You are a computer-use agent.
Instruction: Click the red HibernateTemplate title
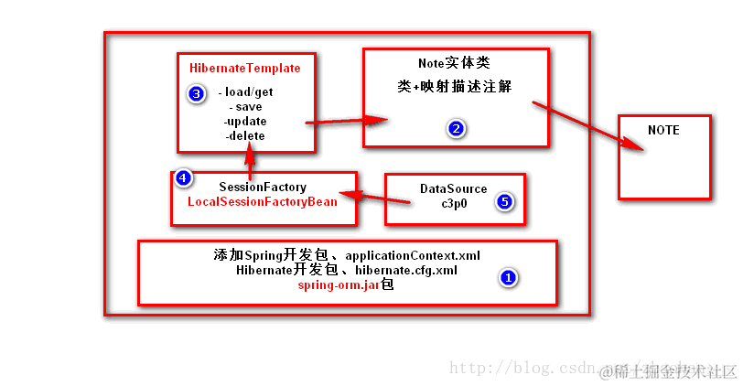[x=244, y=69]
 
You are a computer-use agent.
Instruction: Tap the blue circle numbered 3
[x=195, y=93]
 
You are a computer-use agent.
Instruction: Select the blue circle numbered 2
[x=456, y=128]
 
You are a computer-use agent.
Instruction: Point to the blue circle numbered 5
[x=503, y=201]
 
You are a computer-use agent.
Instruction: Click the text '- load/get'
[x=246, y=92]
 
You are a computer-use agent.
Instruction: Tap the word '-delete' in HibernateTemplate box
[x=244, y=135]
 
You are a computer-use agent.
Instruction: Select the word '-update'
[x=244, y=121]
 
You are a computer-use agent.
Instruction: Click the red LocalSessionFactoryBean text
[x=262, y=201]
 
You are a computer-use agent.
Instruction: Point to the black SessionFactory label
[x=262, y=187]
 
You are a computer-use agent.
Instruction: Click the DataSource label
[x=453, y=188]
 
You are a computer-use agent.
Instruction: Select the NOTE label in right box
[x=663, y=131]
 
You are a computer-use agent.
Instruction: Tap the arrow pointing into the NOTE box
[x=586, y=124]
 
